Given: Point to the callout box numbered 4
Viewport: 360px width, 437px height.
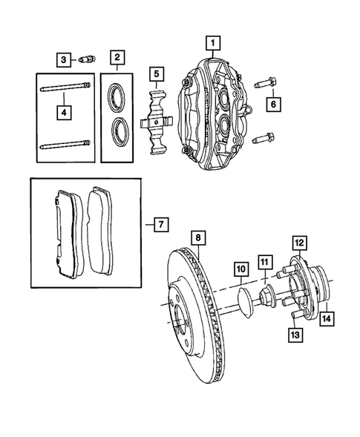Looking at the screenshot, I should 65,113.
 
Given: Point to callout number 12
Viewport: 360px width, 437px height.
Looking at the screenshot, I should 298,243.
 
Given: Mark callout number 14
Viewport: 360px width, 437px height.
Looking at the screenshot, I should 327,320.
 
